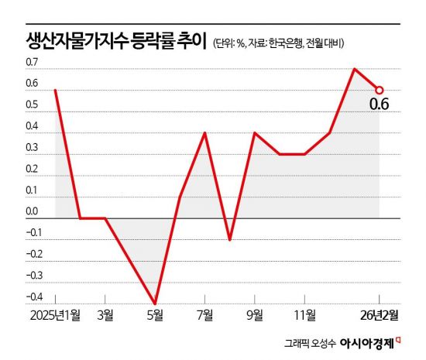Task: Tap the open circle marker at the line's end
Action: [x=380, y=90]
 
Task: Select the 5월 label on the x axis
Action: [x=155, y=315]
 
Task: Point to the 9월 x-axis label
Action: [x=254, y=315]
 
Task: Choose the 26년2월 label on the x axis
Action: [x=379, y=315]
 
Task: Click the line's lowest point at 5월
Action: [x=155, y=303]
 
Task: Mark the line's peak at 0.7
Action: [x=354, y=69]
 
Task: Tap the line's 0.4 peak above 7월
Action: [x=205, y=132]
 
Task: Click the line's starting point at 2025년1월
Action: [x=56, y=90]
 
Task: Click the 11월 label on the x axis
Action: [x=304, y=315]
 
